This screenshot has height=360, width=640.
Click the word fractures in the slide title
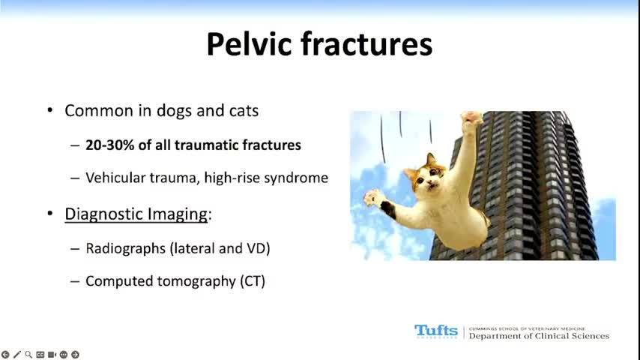click(366, 44)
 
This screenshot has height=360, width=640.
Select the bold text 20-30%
click(110, 145)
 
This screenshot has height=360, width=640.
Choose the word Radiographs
click(125, 249)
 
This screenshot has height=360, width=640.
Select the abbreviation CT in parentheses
click(253, 281)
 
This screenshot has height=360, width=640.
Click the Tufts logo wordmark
click(436, 331)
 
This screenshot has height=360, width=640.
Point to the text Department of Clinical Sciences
click(539, 336)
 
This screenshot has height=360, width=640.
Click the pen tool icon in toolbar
click(16, 355)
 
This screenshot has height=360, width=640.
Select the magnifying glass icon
click(28, 355)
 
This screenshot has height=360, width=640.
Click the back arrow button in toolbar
click(5, 355)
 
